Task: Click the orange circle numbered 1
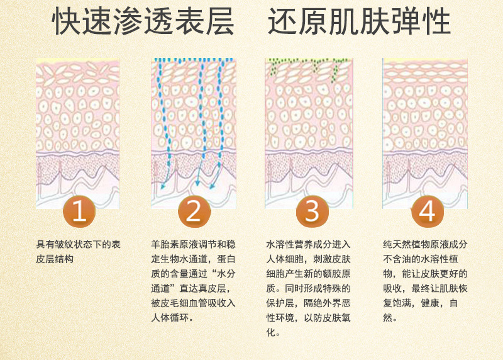(79, 211)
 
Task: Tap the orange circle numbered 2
(194, 211)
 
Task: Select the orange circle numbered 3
(312, 211)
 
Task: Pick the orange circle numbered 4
(428, 211)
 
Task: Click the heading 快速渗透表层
(143, 21)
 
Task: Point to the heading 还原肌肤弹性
(359, 21)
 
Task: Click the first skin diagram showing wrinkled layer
(77, 133)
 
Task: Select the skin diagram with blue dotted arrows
(194, 133)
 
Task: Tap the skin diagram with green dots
(309, 133)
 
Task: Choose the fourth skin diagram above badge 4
(425, 133)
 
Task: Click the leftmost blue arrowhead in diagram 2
(163, 186)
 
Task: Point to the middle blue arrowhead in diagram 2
(197, 183)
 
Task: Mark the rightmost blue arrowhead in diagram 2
(212, 186)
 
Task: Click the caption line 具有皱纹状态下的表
(78, 244)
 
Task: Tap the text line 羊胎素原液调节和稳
(193, 244)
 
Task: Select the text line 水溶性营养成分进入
(308, 244)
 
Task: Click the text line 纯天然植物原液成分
(425, 244)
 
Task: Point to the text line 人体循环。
(172, 318)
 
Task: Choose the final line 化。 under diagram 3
(274, 332)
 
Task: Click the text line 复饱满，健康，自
(420, 303)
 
